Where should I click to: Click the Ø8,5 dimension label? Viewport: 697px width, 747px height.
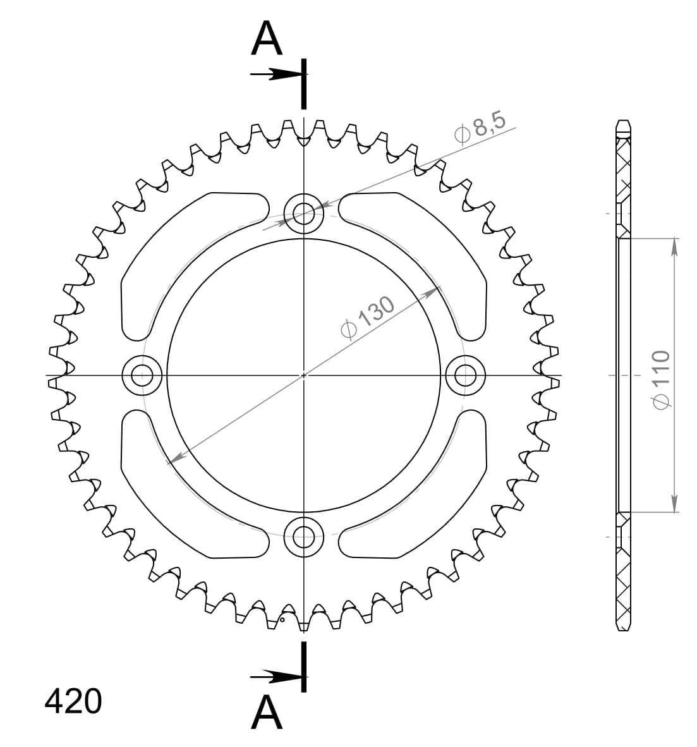click(x=480, y=129)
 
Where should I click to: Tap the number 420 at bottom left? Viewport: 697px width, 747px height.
click(x=73, y=701)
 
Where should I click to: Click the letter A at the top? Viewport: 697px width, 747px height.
click(x=267, y=40)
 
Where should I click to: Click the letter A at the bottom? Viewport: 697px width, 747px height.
click(x=267, y=712)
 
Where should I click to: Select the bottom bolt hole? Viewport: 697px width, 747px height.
click(x=304, y=537)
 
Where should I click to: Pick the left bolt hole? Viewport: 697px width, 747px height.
click(x=142, y=375)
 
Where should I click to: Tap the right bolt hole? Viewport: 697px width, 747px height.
click(x=466, y=375)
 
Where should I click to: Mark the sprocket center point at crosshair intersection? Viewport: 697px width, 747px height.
click(x=304, y=375)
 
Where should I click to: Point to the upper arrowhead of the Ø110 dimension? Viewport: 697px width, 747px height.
click(x=675, y=246)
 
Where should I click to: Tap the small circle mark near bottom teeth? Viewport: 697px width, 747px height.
click(x=282, y=620)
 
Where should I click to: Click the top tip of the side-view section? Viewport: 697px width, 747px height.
click(x=623, y=121)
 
